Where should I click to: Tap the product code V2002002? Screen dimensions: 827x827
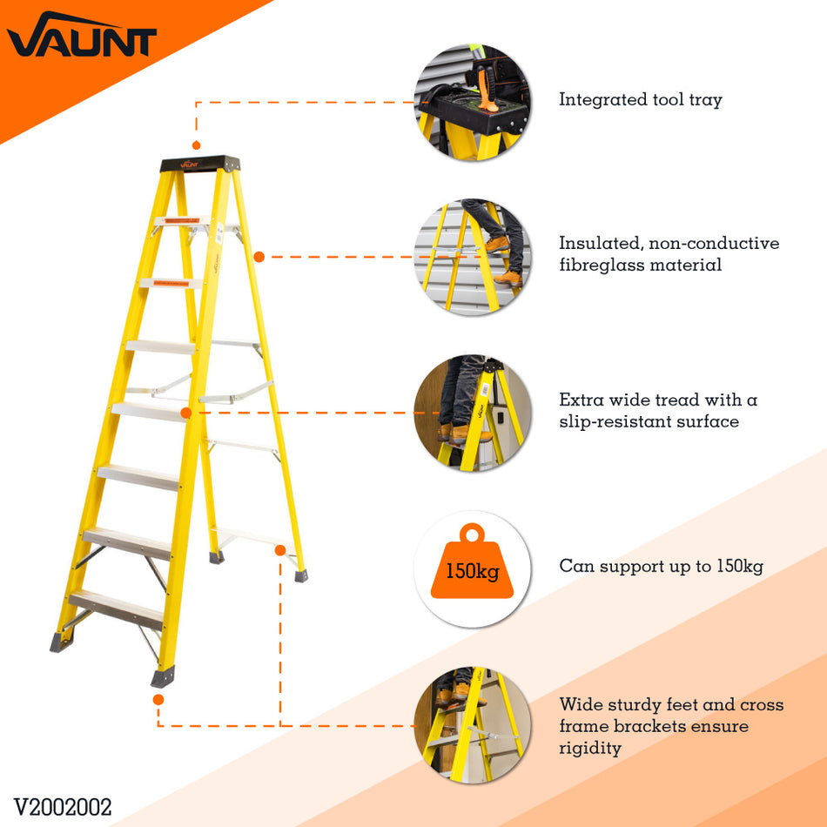[x=63, y=807]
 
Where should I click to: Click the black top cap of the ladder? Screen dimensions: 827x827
[x=200, y=164]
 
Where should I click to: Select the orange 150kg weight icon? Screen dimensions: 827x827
[x=472, y=561]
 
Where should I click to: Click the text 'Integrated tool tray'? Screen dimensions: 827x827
[x=641, y=100]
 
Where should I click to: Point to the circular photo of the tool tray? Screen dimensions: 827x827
[x=472, y=103]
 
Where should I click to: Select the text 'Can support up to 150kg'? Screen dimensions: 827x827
[x=661, y=566]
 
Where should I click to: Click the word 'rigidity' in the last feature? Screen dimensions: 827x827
[x=590, y=749]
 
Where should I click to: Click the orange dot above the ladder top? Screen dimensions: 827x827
[x=196, y=145]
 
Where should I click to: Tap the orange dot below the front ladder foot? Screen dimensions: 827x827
[x=158, y=700]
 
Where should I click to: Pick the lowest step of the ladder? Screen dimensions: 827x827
[x=116, y=609]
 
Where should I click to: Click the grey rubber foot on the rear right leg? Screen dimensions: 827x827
[x=301, y=576]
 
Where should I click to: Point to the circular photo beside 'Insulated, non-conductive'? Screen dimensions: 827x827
[x=472, y=257]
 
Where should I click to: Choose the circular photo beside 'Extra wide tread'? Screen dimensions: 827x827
[x=472, y=413]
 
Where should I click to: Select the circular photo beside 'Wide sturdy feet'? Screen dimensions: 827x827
[x=472, y=725]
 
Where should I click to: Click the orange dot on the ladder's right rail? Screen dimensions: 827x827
[x=259, y=257]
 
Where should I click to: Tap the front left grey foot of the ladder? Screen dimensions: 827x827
[x=62, y=642]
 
